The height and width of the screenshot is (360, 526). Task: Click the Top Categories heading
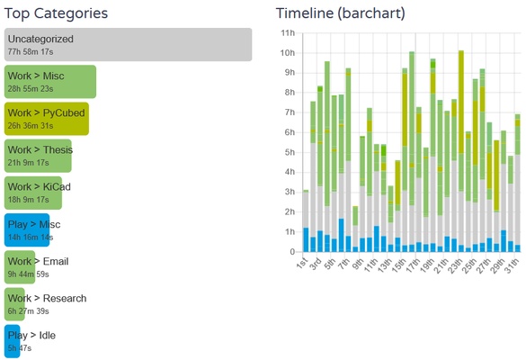click(x=56, y=13)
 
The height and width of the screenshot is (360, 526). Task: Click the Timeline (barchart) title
click(x=340, y=13)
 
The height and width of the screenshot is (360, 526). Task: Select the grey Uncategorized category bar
click(x=128, y=45)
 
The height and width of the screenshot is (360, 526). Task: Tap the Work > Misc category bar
click(x=50, y=82)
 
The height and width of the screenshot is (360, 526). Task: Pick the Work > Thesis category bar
click(x=38, y=156)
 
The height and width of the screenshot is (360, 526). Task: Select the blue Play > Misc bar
click(x=27, y=230)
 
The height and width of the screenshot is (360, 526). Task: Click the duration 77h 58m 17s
click(x=31, y=53)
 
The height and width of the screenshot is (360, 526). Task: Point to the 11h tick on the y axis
click(x=288, y=32)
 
